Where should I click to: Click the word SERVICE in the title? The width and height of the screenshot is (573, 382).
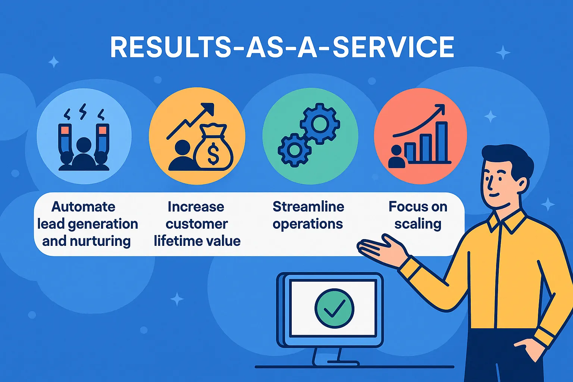[x=393, y=47]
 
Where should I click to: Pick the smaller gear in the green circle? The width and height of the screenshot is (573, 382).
[x=294, y=150]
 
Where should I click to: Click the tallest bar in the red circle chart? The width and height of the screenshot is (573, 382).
[x=442, y=142]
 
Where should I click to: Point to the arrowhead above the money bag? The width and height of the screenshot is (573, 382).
[x=208, y=108]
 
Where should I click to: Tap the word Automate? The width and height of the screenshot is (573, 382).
[x=84, y=207]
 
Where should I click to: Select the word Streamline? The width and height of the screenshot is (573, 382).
[x=309, y=206]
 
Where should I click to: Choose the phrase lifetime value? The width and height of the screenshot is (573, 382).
[x=197, y=241]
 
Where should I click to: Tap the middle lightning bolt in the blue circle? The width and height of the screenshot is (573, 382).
[x=82, y=112]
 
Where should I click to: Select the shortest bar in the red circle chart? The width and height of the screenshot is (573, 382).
[x=410, y=153]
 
